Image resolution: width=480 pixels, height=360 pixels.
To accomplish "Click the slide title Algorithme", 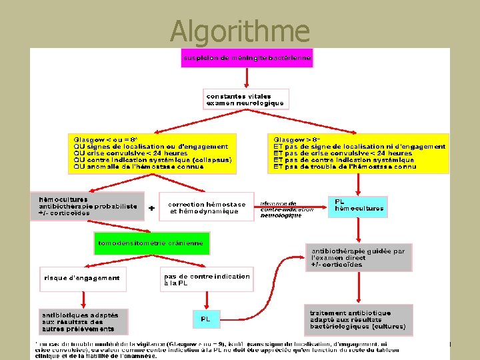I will tap(239, 30).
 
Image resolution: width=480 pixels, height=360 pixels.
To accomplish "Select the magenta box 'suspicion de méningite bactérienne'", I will tap(247, 58).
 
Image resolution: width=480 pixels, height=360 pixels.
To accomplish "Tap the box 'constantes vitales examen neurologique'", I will tap(245, 100).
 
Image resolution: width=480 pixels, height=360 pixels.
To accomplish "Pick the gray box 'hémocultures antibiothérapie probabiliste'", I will tap(87, 206).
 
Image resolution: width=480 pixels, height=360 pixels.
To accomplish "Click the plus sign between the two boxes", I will tap(152, 208).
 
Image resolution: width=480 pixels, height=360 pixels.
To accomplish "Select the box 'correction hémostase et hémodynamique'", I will tap(207, 208).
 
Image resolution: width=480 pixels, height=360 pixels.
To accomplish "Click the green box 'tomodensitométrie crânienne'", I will tap(151, 243).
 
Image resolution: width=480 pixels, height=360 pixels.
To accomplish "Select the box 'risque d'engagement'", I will tap(81, 278).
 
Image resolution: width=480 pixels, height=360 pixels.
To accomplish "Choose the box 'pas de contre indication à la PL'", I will tap(207, 280).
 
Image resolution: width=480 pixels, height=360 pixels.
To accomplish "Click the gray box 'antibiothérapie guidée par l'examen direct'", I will tap(359, 257).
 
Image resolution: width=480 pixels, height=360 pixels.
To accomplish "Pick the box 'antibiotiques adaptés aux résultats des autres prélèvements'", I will tap(80, 321).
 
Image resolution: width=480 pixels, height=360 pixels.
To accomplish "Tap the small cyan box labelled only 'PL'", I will tap(206, 319).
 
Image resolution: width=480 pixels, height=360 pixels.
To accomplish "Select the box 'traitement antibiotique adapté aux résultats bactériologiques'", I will tap(359, 320).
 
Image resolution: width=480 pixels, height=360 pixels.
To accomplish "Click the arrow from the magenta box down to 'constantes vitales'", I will tap(247, 78).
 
